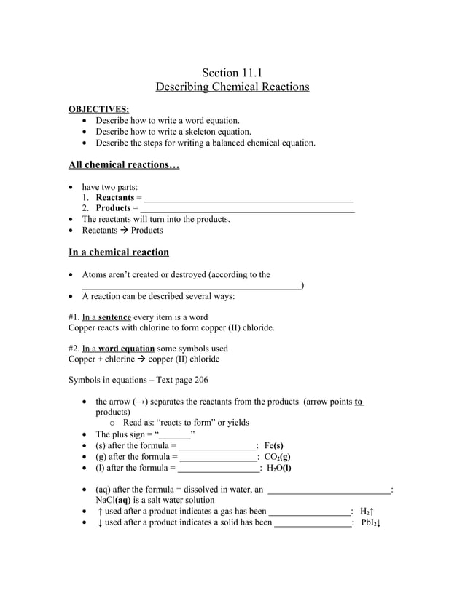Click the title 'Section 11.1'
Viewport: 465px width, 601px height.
232,72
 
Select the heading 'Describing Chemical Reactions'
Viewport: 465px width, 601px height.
232,87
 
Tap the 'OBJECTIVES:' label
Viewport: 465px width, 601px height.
98,109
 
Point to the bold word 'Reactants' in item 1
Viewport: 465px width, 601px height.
115,198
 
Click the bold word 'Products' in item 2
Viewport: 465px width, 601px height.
113,209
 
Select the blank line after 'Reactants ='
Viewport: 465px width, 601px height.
249,199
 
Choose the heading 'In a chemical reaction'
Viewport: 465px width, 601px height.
119,252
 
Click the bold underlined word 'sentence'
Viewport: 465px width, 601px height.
115,317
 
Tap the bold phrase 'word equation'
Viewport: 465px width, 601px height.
127,349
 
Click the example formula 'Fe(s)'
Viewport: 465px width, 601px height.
274,446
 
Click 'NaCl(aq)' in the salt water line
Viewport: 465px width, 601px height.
114,501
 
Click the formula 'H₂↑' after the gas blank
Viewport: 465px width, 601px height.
367,512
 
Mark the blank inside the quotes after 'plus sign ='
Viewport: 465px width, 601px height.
175,435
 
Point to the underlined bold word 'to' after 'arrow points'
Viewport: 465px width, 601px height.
359,402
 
